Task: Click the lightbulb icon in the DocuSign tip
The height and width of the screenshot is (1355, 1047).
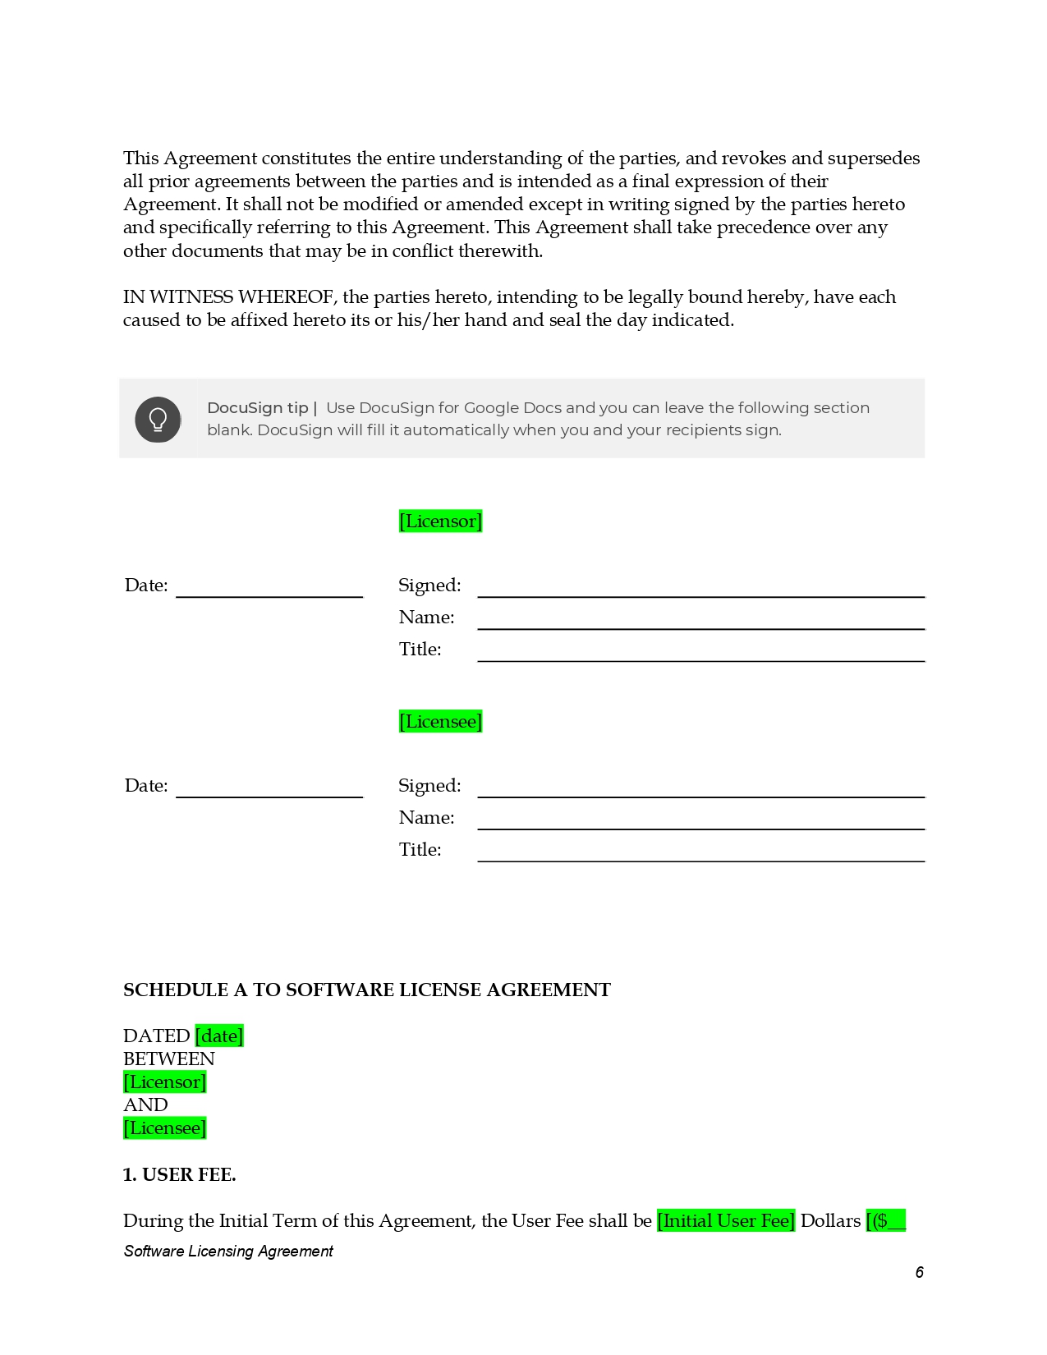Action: [x=158, y=420]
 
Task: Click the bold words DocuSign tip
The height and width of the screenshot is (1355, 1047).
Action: [x=258, y=408]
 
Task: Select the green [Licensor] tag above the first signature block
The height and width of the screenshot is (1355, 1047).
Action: [x=440, y=521]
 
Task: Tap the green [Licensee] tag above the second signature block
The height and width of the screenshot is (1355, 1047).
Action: [x=440, y=722]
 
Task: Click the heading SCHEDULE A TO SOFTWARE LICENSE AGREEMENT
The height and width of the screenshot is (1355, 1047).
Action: [x=366, y=990]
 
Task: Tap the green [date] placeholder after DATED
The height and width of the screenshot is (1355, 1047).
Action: [x=219, y=1036]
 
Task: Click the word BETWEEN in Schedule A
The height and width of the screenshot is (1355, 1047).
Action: [x=169, y=1059]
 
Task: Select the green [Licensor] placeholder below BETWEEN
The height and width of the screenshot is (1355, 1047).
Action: [x=164, y=1082]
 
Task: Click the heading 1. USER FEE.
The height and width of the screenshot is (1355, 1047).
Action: [x=179, y=1175]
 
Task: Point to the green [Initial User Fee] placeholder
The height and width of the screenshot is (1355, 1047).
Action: [x=726, y=1221]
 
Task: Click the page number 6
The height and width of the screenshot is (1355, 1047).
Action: [x=919, y=1273]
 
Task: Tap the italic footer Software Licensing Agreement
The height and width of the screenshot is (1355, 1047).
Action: [x=228, y=1252]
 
